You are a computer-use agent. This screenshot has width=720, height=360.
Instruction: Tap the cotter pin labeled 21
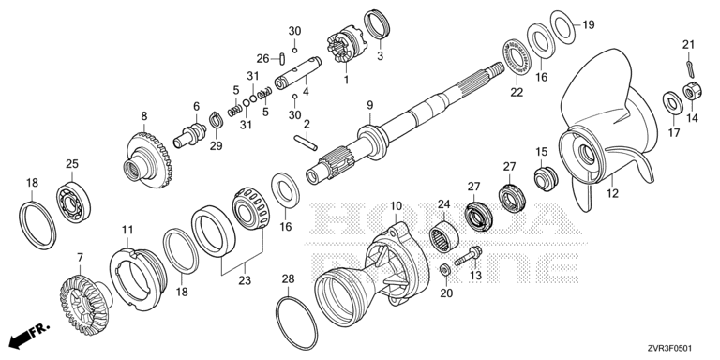[x=690, y=67]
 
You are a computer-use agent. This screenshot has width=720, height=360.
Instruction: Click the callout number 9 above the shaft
[x=370, y=105]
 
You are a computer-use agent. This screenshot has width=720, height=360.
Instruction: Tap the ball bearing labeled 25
[x=73, y=202]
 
